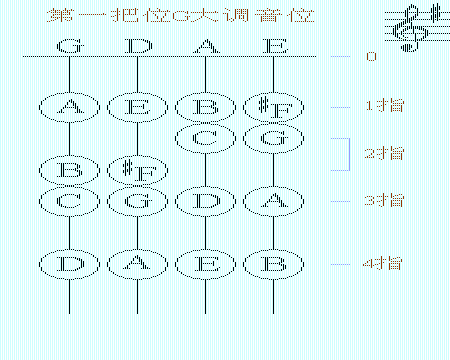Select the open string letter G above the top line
pos(68,46)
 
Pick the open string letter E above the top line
pos(272,46)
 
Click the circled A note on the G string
pos(68,107)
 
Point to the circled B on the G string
pos(68,169)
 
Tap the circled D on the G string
pos(68,264)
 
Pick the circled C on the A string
pos(204,137)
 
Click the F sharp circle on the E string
pos(272,107)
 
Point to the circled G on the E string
pos(272,137)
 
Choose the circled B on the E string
pos(272,264)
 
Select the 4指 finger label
pos(383,264)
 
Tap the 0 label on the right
pos(371,57)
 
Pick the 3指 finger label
pos(383,200)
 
